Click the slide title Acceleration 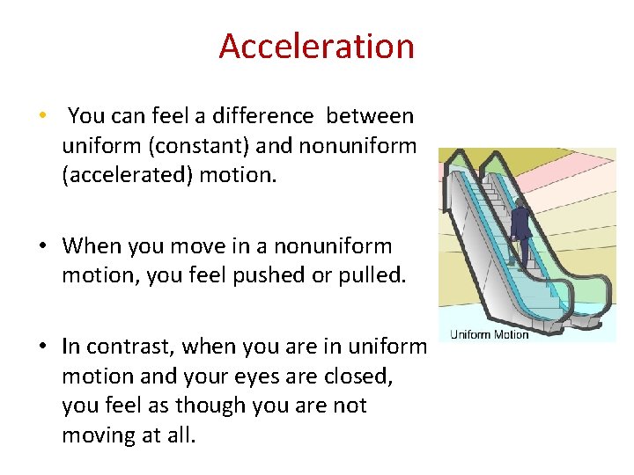316,46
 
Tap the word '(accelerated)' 128,175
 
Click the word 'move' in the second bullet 208,246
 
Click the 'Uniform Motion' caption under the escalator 489,334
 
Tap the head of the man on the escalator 520,202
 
